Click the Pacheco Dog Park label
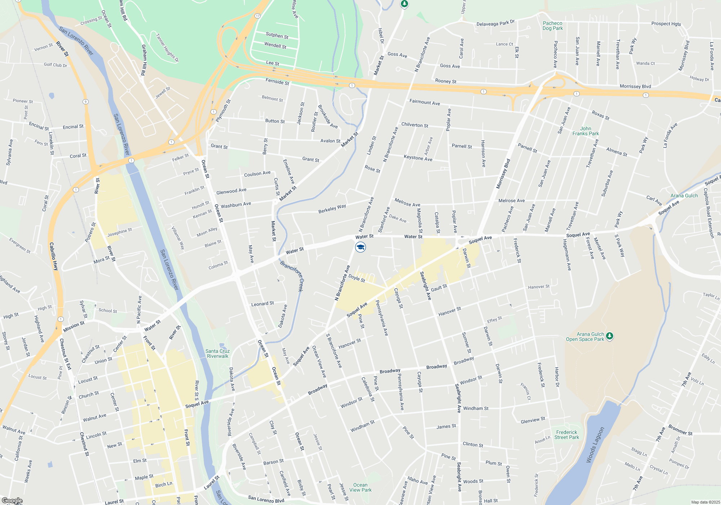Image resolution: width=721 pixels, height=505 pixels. pyautogui.click(x=552, y=26)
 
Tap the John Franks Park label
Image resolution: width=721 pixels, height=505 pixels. pyautogui.click(x=585, y=131)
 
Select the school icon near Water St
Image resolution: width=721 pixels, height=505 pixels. pyautogui.click(x=360, y=247)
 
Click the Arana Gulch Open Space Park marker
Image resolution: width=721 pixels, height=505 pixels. pyautogui.click(x=609, y=336)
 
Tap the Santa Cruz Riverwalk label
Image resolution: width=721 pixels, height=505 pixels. pyautogui.click(x=217, y=353)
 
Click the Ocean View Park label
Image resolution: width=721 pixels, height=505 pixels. pyautogui.click(x=360, y=487)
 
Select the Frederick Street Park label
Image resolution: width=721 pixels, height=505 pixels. pyautogui.click(x=566, y=435)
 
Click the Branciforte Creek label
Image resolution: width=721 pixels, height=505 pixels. pyautogui.click(x=292, y=276)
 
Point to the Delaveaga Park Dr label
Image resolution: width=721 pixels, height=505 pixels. pyautogui.click(x=495, y=23)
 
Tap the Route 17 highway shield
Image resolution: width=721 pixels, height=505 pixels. pyautogui.click(x=257, y=16)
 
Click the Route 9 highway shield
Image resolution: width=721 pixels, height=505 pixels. pyautogui.click(x=85, y=102)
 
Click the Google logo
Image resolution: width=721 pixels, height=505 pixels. pyautogui.click(x=12, y=501)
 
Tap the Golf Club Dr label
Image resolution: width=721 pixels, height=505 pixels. pyautogui.click(x=55, y=65)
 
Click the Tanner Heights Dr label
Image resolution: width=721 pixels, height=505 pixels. pyautogui.click(x=167, y=48)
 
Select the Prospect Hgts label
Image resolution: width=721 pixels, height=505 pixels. pyautogui.click(x=666, y=24)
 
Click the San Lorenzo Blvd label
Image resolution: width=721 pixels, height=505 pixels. pyautogui.click(x=266, y=499)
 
